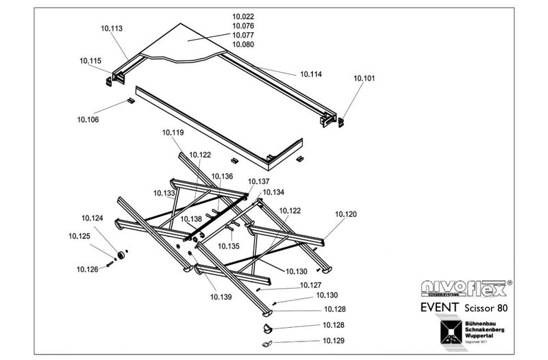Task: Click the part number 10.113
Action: point(111,29)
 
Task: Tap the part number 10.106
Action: point(88,120)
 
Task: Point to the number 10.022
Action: point(243,16)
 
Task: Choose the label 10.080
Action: point(243,44)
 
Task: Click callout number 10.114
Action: point(311,74)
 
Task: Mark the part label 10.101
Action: point(364,79)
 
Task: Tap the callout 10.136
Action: point(221,176)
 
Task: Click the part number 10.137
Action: point(259,181)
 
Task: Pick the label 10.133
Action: point(164,194)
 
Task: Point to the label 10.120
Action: point(346,214)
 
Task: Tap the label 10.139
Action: point(221,296)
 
